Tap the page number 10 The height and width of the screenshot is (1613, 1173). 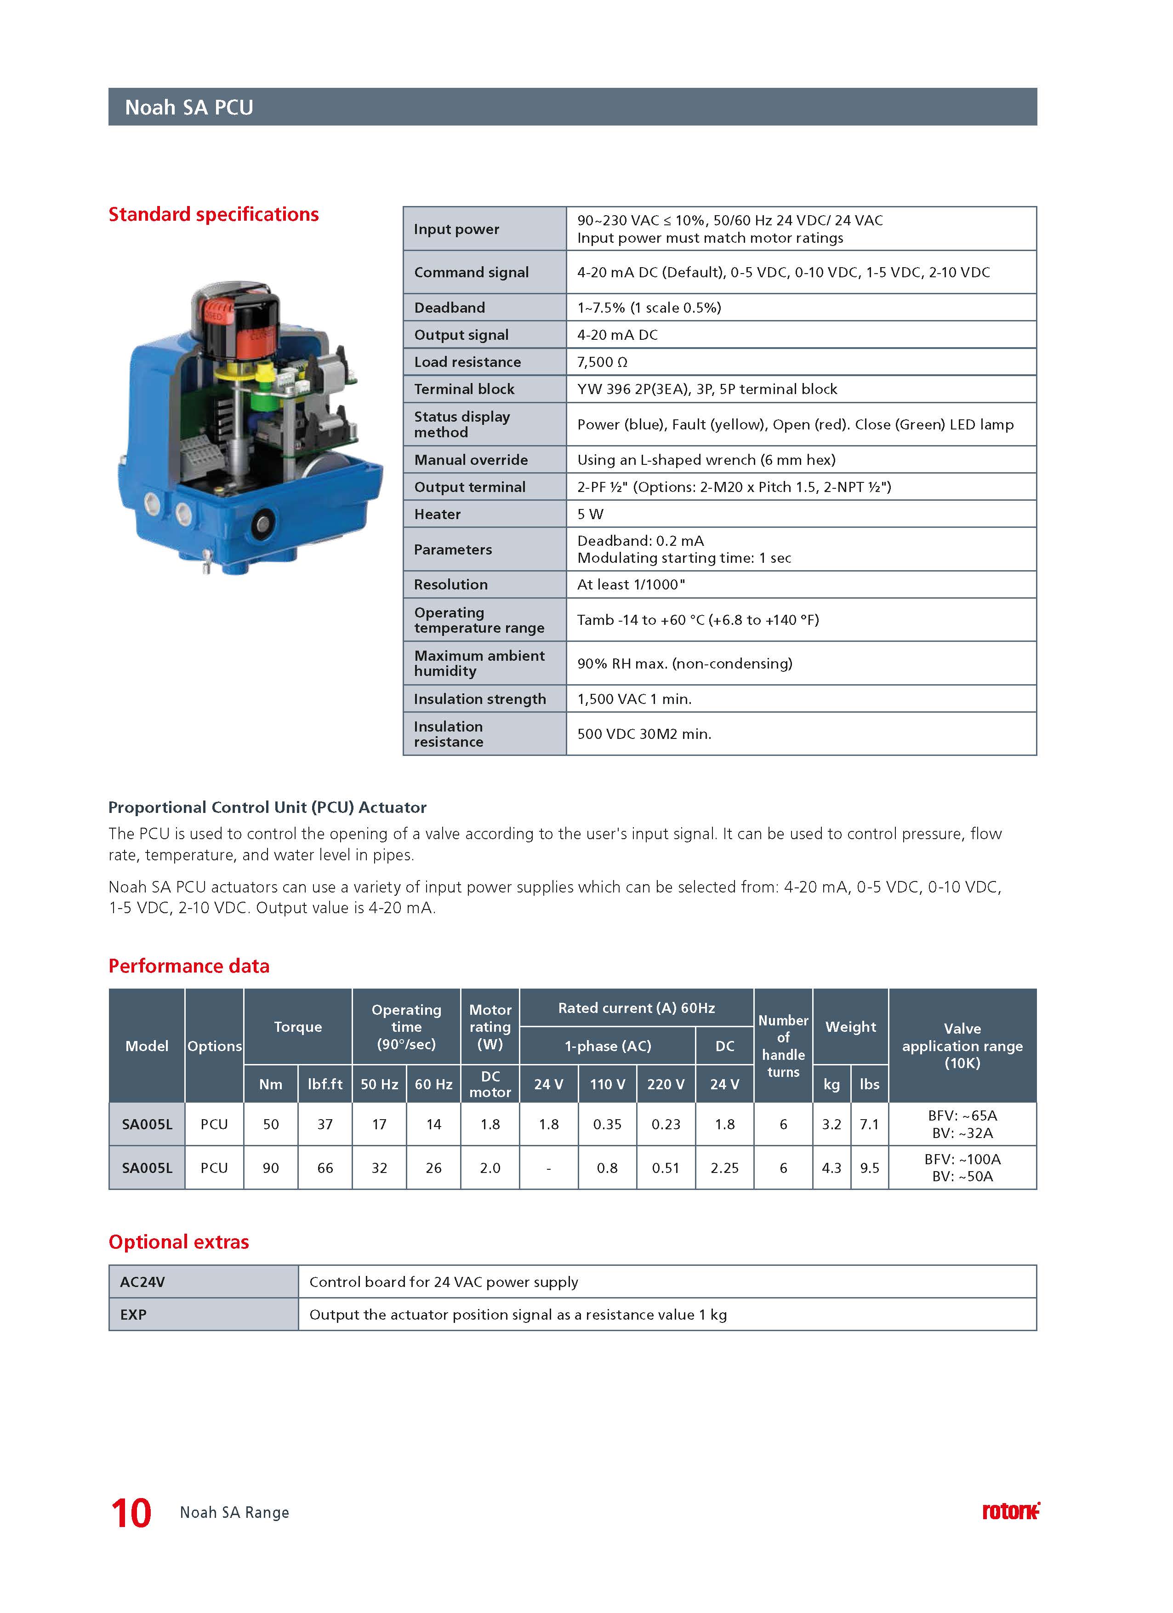coord(131,1513)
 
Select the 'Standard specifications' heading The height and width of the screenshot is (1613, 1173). coord(213,214)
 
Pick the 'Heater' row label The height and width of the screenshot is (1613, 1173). coord(437,514)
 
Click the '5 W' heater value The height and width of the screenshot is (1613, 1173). coord(590,514)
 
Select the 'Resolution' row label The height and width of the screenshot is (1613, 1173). coord(451,584)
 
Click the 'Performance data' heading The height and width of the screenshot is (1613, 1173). coord(189,966)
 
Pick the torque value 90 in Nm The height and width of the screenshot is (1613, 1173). coord(271,1168)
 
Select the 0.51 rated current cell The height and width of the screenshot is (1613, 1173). coord(666,1168)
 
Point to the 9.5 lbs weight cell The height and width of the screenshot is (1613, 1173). coord(870,1168)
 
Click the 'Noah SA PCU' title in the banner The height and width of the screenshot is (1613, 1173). coord(189,108)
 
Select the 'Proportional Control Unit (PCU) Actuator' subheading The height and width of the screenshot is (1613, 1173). coord(268,807)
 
